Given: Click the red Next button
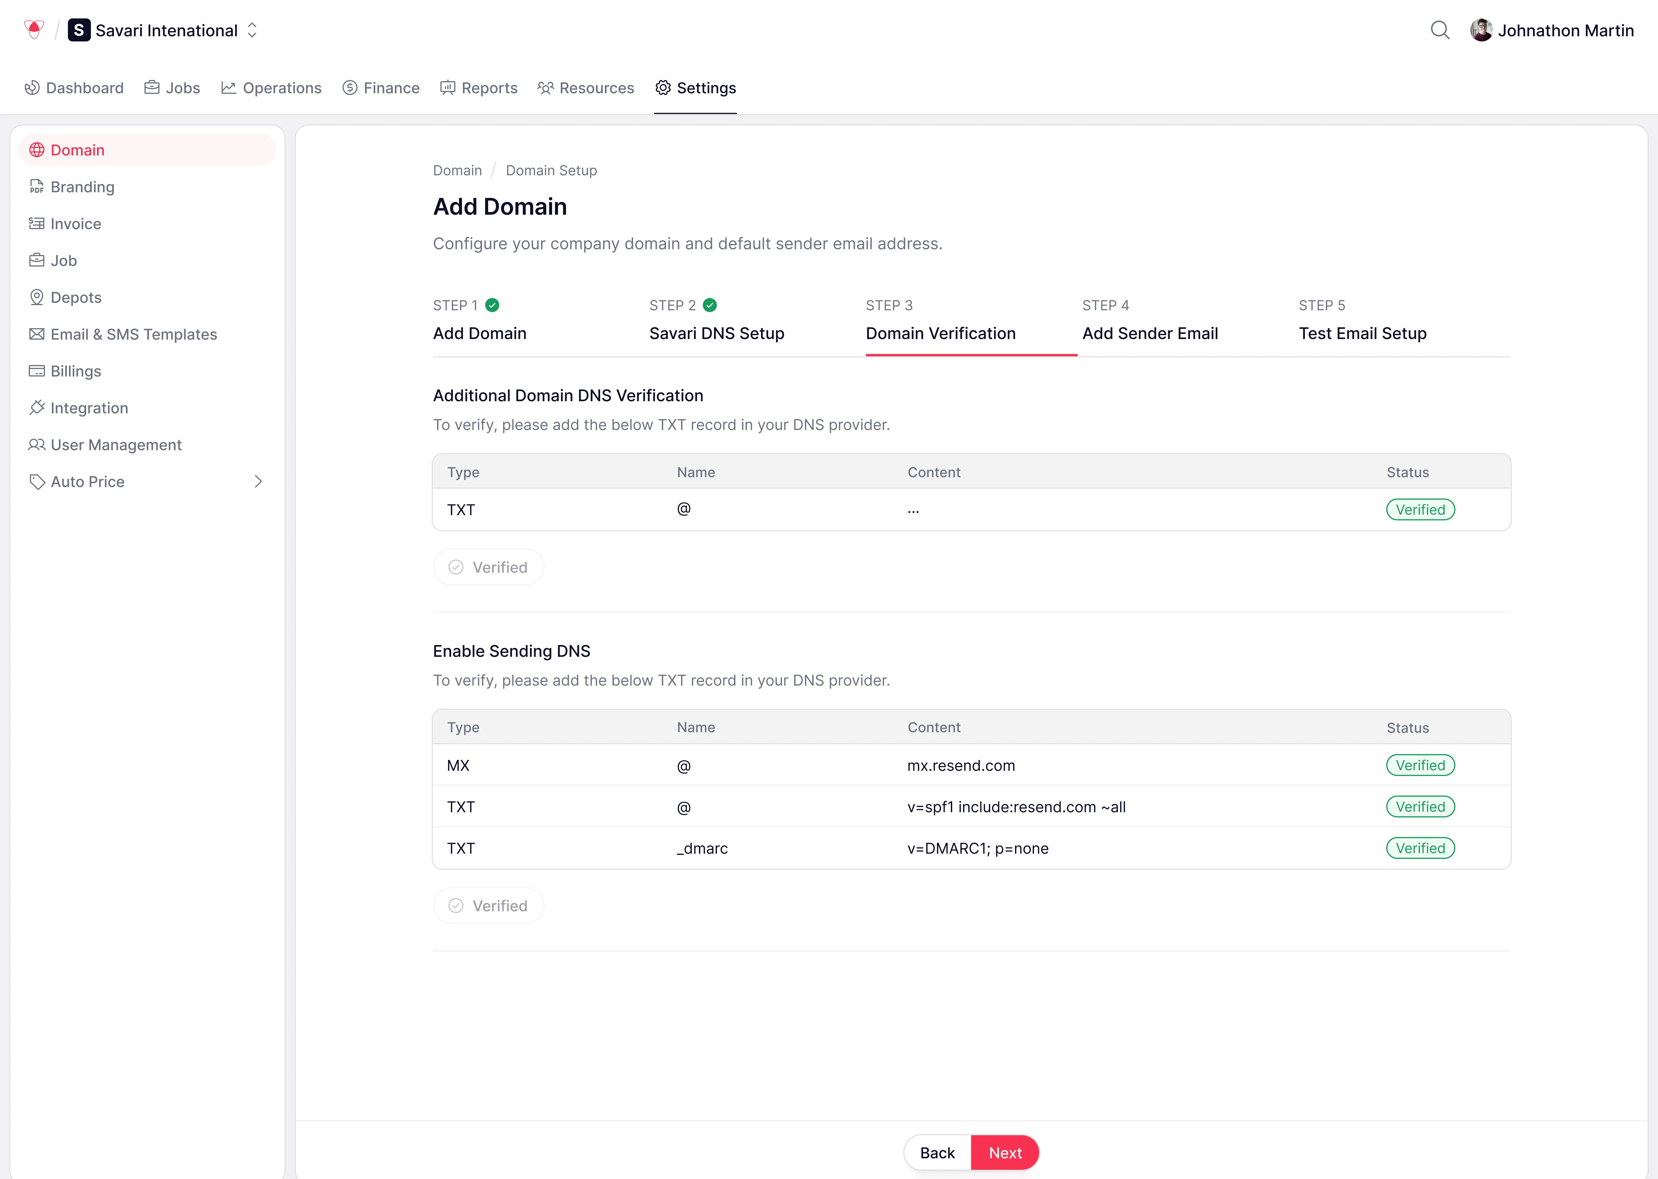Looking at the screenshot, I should point(1005,1153).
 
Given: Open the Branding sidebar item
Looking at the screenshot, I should point(82,187).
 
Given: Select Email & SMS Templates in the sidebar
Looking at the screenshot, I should point(134,335).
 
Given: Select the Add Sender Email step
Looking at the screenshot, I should point(1150,333).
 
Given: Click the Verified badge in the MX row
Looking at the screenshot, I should point(1420,765).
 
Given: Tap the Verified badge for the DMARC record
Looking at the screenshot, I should point(1420,848).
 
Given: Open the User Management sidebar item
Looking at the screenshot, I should point(115,445).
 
